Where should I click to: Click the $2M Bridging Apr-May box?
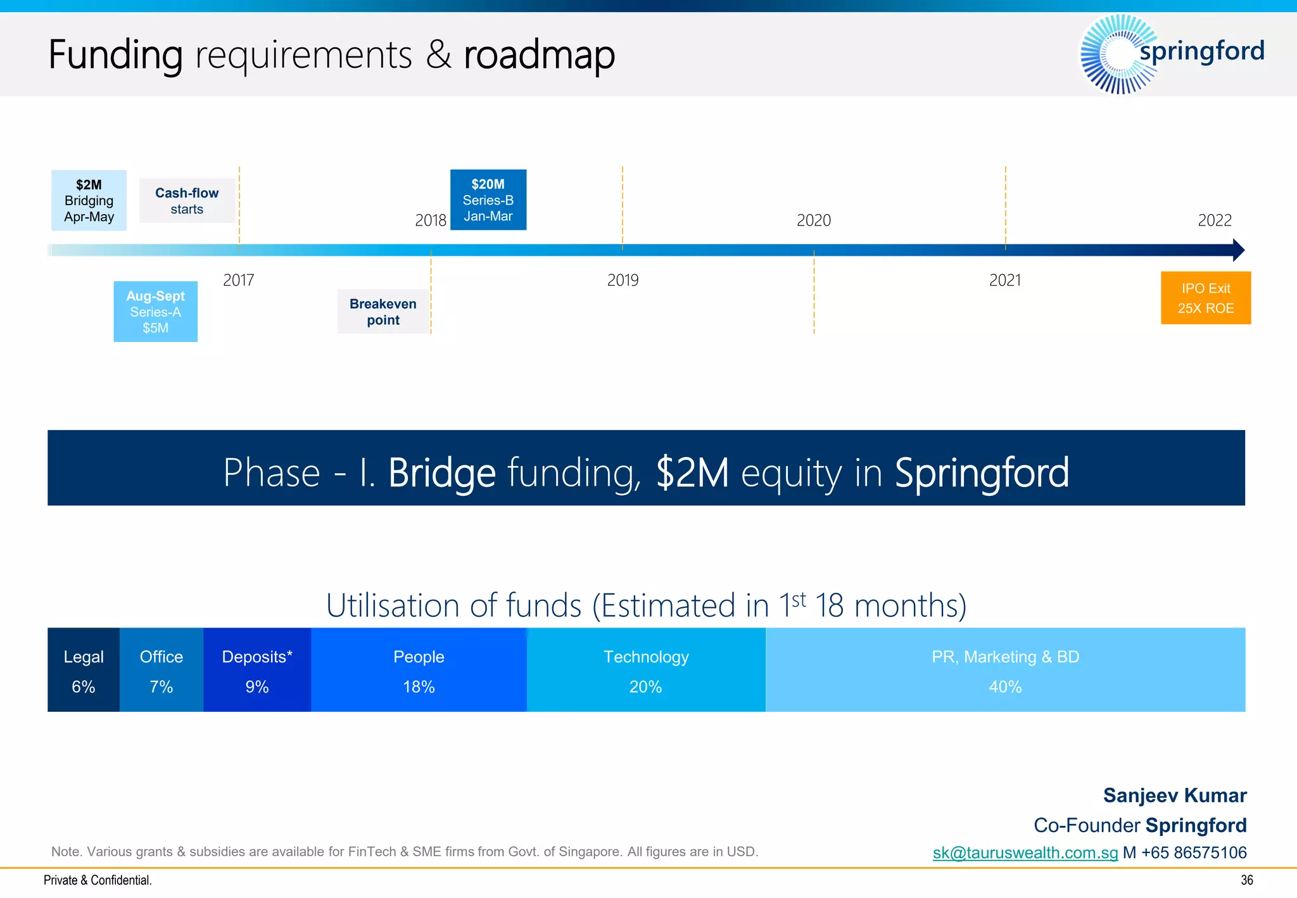pos(89,200)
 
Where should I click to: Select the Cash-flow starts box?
pos(187,201)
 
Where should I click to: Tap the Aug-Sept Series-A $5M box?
pos(155,312)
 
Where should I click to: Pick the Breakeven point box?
pos(383,312)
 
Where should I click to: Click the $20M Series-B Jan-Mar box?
pos(488,199)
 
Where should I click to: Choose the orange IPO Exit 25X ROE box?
pos(1205,298)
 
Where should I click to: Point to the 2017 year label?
pos(238,280)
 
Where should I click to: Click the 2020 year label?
pos(813,220)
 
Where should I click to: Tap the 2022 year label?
pos(1214,220)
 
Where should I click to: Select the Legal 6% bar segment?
pos(84,670)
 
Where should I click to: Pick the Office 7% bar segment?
pos(161,670)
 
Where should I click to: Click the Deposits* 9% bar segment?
pos(257,670)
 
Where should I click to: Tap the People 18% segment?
pos(419,670)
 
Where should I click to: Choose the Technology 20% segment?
pos(646,670)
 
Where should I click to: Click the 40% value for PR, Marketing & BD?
pos(1005,687)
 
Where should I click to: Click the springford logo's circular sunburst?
pos(1118,54)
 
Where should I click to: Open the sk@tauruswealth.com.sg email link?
pos(1025,852)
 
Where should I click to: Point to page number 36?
pos(1246,880)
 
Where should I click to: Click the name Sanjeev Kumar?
pos(1174,795)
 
